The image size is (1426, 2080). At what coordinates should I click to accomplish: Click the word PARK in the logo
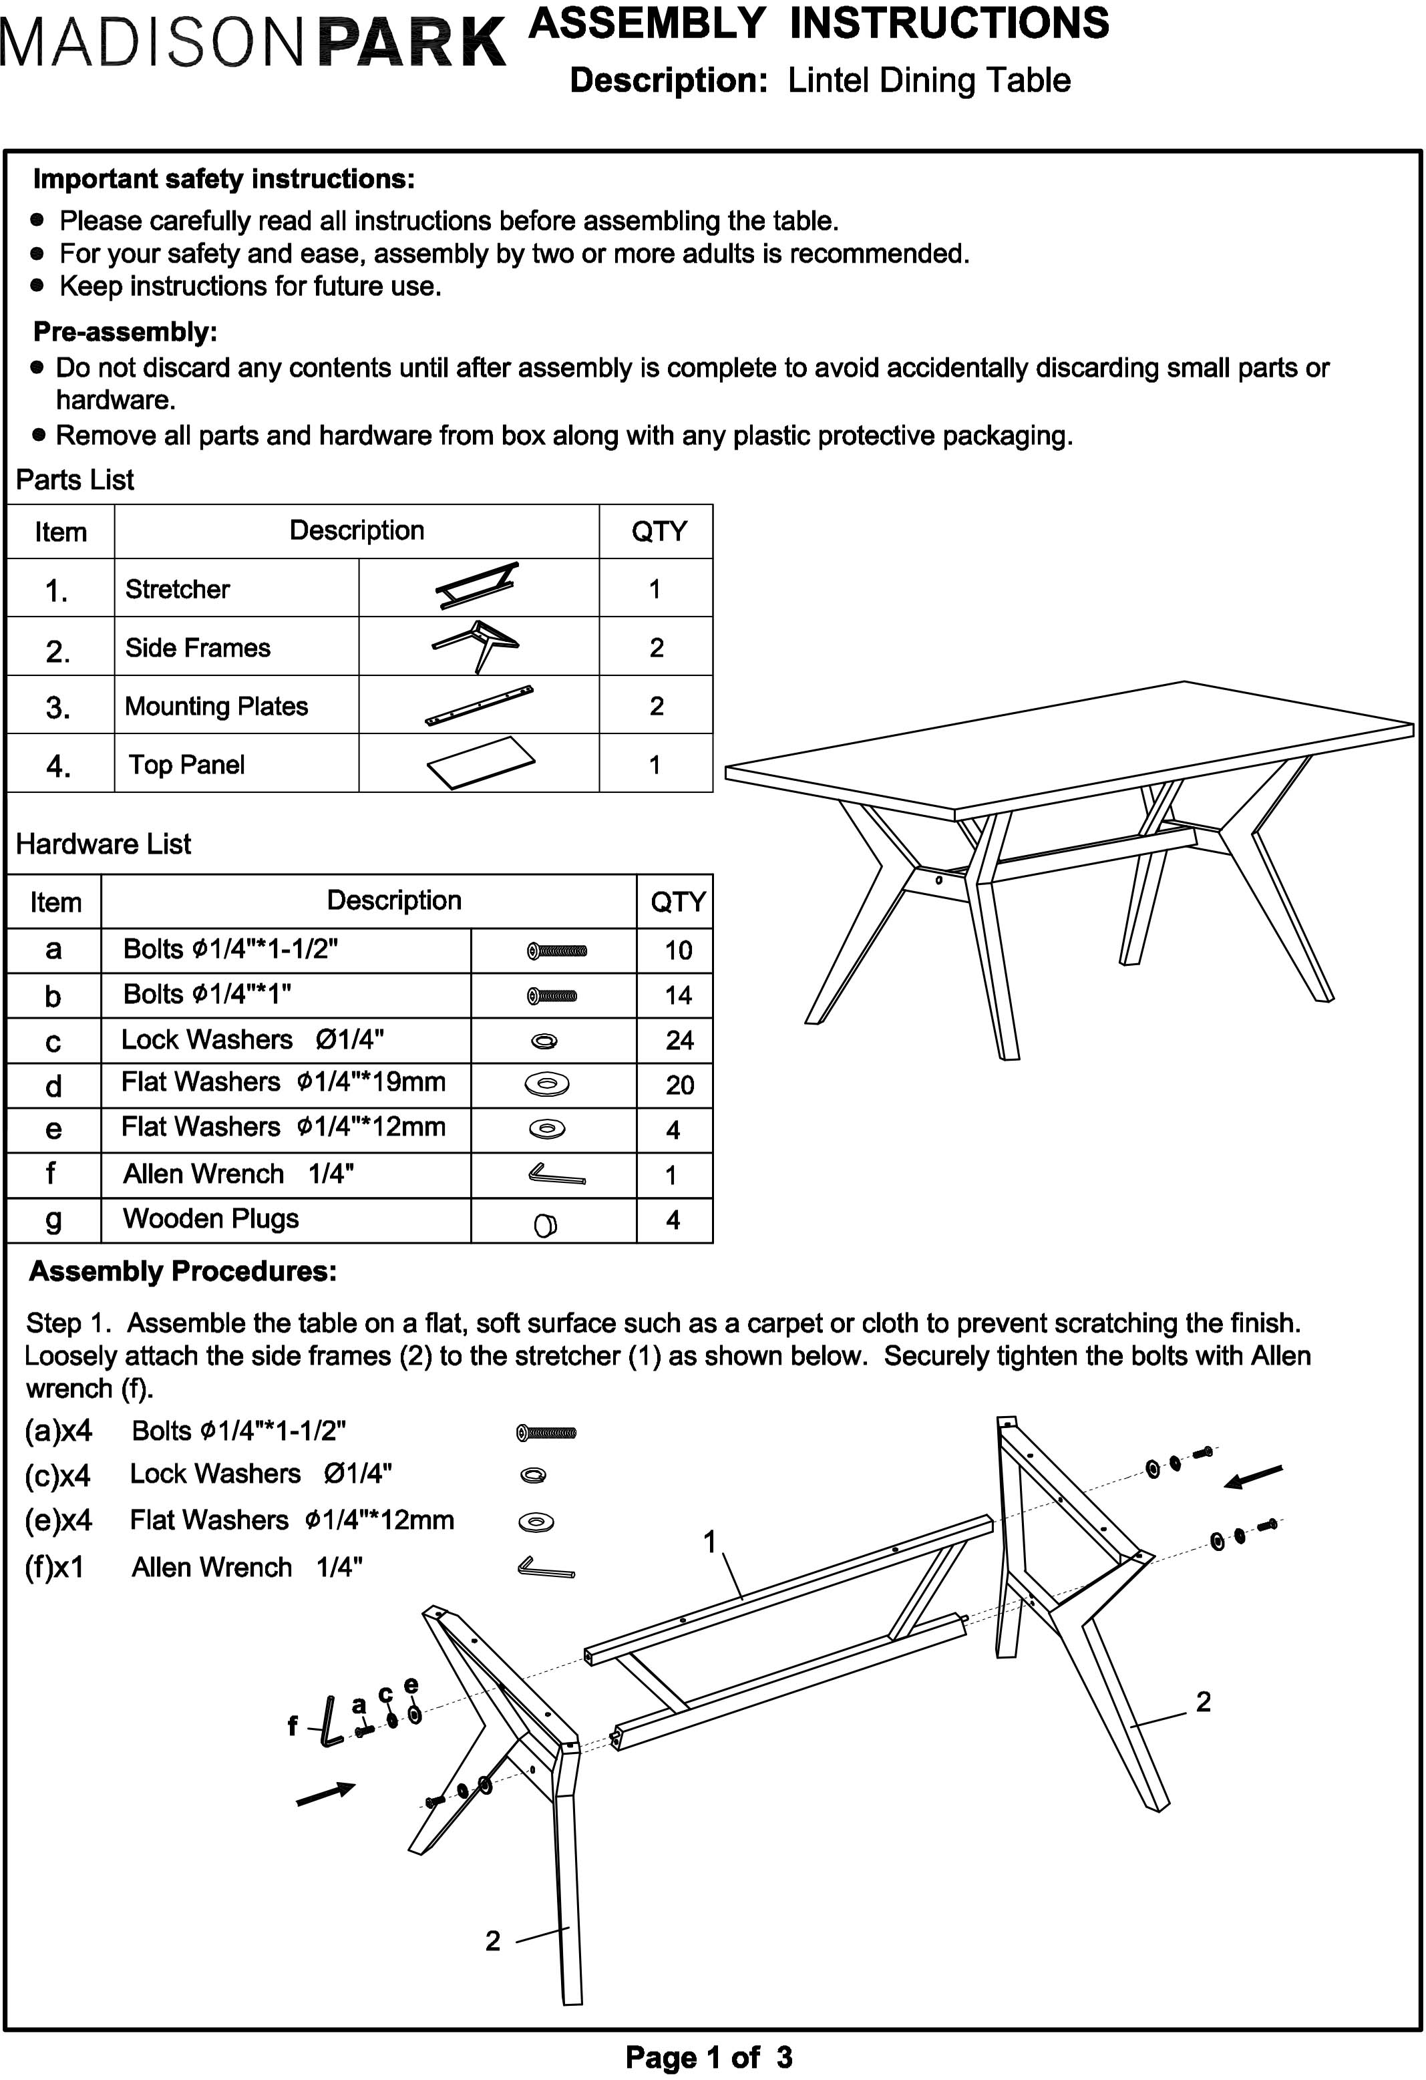tap(412, 42)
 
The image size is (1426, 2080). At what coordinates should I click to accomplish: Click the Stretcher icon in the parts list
tap(477, 586)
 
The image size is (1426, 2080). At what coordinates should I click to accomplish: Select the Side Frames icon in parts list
tap(476, 645)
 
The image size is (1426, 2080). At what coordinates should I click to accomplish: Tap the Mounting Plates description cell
tap(216, 706)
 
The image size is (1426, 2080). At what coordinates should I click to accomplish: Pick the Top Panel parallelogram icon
tap(481, 763)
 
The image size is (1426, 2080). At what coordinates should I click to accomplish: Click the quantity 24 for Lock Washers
tap(679, 1040)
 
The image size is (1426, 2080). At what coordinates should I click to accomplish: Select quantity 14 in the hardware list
tap(678, 995)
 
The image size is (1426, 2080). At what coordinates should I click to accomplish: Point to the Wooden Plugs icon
tap(545, 1224)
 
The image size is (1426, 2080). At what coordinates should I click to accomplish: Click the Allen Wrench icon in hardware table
tap(556, 1174)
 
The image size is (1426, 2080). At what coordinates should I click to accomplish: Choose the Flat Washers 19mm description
tap(283, 1082)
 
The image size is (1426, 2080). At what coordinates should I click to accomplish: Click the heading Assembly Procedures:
tap(182, 1271)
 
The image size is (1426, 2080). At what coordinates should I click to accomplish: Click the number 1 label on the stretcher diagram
tap(710, 1541)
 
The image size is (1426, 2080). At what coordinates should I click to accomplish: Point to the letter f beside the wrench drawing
tap(292, 1725)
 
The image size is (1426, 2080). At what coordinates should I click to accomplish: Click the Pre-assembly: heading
tap(126, 332)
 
